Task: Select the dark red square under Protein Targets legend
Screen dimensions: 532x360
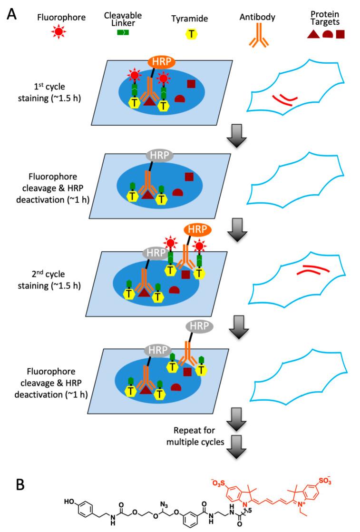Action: pyautogui.click(x=341, y=34)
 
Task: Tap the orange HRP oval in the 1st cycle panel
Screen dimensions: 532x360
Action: pyautogui.click(x=160, y=61)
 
